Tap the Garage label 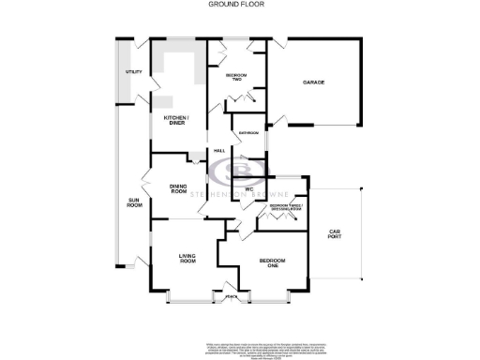click(x=312, y=82)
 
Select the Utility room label click(x=133, y=72)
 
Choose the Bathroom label click(x=248, y=133)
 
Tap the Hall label click(x=219, y=151)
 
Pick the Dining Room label click(x=179, y=188)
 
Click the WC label click(x=250, y=189)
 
